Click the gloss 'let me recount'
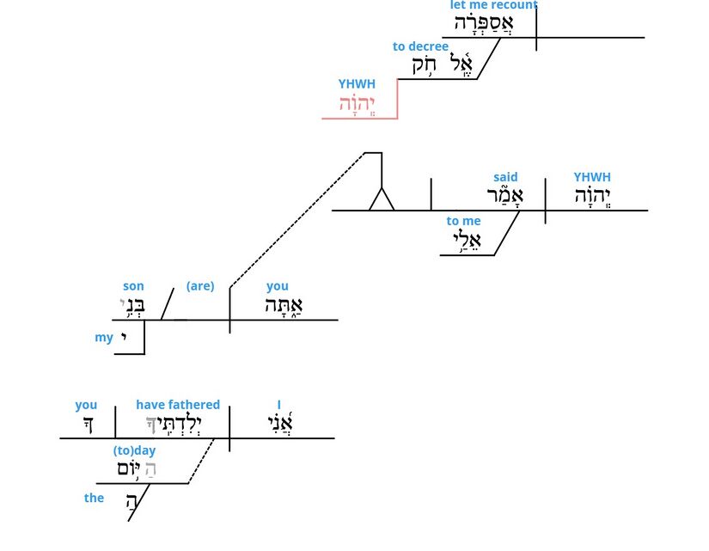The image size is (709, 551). coord(493,5)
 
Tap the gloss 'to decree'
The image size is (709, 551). coord(420,46)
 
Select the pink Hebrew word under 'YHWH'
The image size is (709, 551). coord(357,104)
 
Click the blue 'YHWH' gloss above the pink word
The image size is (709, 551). coord(357,84)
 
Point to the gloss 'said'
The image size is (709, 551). coord(505,177)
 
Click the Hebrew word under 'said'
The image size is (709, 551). coord(504,197)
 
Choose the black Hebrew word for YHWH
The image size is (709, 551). coord(592,197)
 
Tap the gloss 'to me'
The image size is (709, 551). coord(463,221)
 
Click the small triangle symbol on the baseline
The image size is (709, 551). coord(382,200)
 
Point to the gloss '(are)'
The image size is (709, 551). coord(200,285)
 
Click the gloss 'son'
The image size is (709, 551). coord(133,286)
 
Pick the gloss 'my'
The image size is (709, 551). coord(104,337)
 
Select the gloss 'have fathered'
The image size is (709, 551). coord(178,405)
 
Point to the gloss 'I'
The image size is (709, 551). coord(279,405)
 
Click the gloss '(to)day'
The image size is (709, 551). coord(135,450)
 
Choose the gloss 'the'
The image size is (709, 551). coord(94,498)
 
